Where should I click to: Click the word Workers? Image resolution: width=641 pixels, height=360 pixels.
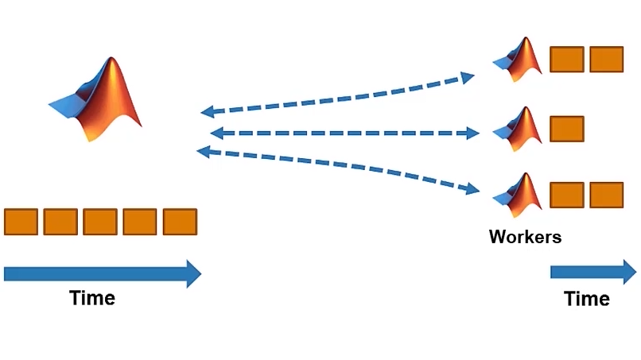pos(525,236)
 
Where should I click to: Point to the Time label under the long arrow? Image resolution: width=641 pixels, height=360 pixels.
pos(92,298)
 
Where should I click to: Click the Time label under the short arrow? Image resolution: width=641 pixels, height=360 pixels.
pos(587,299)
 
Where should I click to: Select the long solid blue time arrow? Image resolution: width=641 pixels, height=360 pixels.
pos(102,273)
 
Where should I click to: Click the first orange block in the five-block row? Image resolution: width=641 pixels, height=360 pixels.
pos(21,222)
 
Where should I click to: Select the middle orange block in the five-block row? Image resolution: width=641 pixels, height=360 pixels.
pos(100,222)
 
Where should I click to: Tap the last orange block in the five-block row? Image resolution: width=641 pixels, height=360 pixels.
pos(180,222)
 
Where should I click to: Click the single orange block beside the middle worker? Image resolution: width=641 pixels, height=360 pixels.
pos(567,130)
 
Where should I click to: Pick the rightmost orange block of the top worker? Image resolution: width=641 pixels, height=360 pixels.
pos(607,60)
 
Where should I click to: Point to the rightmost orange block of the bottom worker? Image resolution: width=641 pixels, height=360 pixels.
pos(607,195)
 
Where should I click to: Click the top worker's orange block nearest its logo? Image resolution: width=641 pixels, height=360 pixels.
pos(567,60)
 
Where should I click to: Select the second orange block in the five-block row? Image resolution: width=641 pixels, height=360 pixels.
pos(60,222)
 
